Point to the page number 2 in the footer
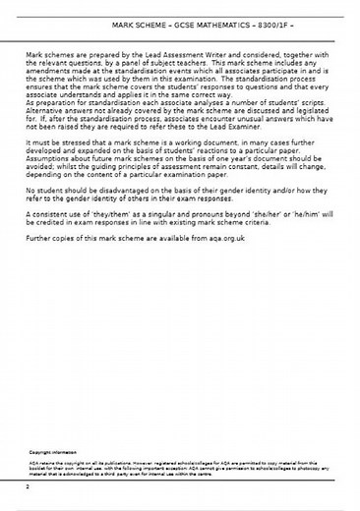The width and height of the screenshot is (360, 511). click(x=30, y=485)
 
